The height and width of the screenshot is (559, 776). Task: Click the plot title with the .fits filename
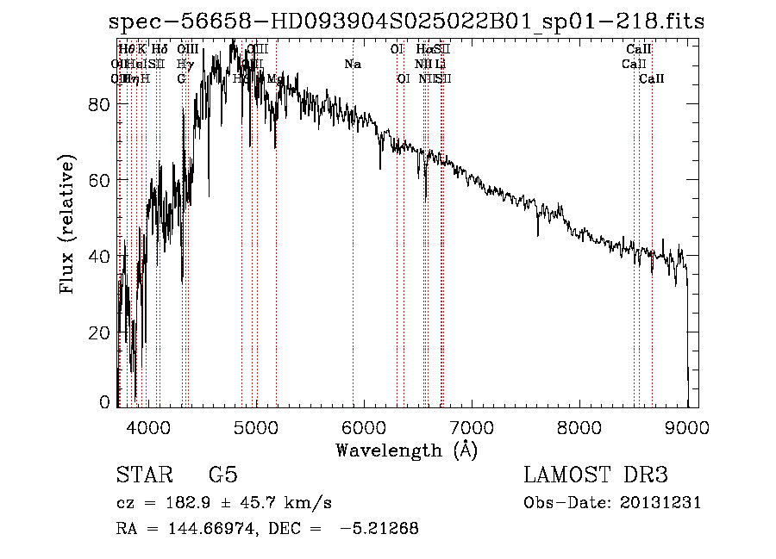click(x=407, y=22)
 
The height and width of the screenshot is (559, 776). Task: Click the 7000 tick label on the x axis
click(x=472, y=425)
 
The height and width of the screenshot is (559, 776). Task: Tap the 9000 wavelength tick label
click(x=687, y=425)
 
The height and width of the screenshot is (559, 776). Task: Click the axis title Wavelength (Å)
click(x=406, y=450)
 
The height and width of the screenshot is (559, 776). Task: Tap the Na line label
click(x=352, y=65)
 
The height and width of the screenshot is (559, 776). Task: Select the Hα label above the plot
click(x=423, y=50)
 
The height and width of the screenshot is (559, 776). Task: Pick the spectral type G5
click(x=222, y=475)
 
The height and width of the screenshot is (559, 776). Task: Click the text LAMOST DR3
click(x=596, y=475)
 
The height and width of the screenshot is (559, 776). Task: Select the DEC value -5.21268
click(x=379, y=529)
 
